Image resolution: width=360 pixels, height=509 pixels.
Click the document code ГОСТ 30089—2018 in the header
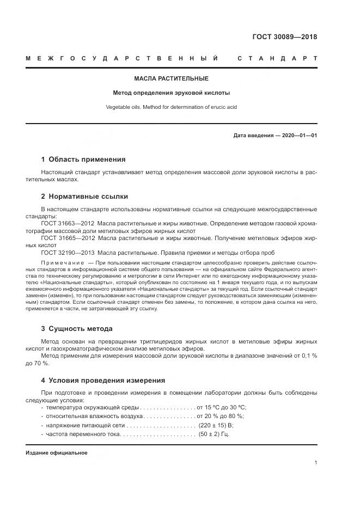pyautogui.click(x=284, y=37)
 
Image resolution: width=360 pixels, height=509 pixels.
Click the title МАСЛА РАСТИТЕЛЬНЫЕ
pyautogui.click(x=171, y=78)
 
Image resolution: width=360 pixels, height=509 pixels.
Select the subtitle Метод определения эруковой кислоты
pyautogui.click(x=171, y=93)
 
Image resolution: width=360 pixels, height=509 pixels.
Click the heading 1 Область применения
pyautogui.click(x=83, y=160)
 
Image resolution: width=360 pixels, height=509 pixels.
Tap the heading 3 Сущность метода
pyautogui.click(x=77, y=328)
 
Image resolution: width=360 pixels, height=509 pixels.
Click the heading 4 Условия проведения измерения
pyautogui.click(x=103, y=380)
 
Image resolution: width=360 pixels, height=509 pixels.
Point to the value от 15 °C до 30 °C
pyautogui.click(x=222, y=407)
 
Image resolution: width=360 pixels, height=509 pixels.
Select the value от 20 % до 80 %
pyautogui.click(x=221, y=416)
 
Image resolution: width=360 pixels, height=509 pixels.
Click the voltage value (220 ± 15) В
pyautogui.click(x=216, y=425)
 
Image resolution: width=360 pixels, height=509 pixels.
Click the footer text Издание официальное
pyautogui.click(x=57, y=453)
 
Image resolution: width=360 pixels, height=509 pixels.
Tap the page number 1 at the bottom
pyautogui.click(x=316, y=463)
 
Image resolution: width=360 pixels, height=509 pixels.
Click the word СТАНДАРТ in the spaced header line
pyautogui.click(x=277, y=58)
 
